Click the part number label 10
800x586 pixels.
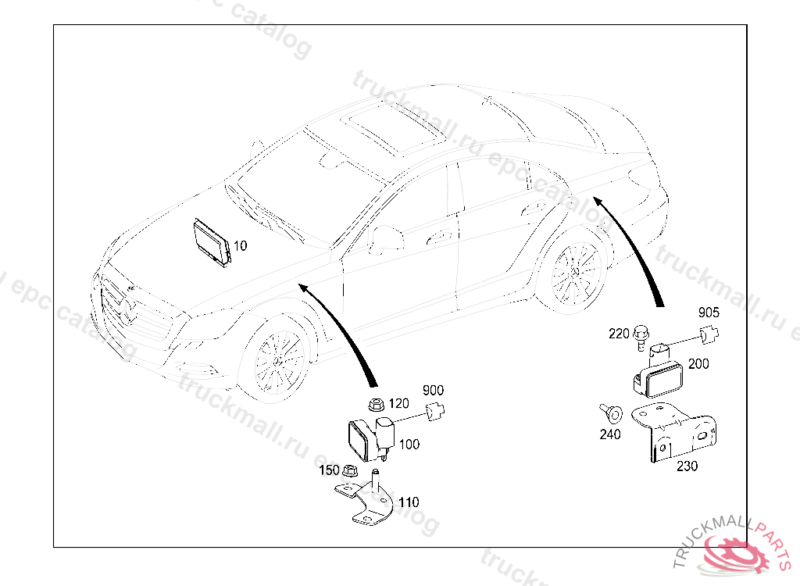click(240, 245)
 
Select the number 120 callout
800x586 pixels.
click(398, 403)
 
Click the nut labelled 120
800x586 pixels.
click(375, 405)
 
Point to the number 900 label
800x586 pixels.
click(433, 390)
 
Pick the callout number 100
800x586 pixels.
click(409, 444)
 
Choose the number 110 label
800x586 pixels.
click(409, 502)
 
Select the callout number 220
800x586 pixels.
click(619, 334)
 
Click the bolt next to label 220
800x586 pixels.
click(641, 334)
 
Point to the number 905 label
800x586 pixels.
click(709, 313)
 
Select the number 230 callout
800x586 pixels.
click(687, 466)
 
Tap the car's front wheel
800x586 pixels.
click(277, 360)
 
